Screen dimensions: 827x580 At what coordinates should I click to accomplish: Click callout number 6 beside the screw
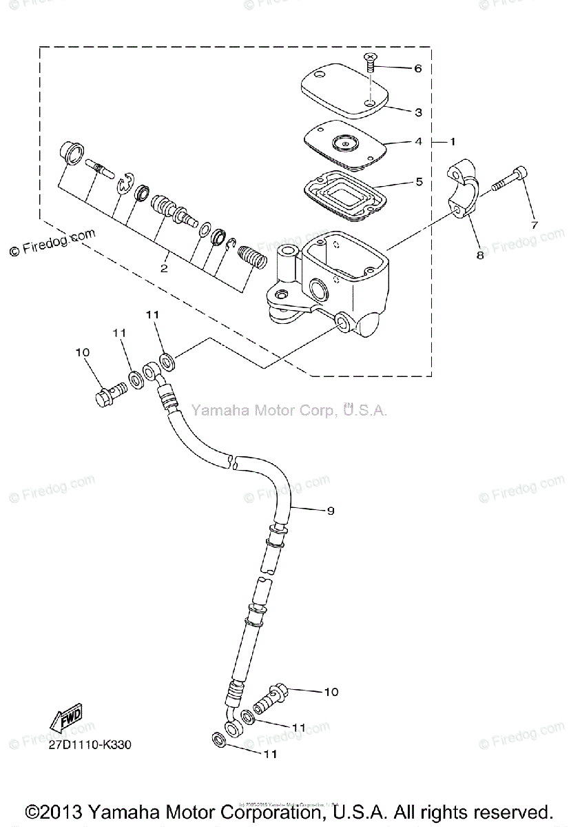point(417,68)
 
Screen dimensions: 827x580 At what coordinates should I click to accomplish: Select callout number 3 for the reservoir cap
point(417,112)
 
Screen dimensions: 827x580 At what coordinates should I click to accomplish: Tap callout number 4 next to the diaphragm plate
point(417,141)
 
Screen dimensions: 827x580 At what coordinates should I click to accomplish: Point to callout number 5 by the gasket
point(417,183)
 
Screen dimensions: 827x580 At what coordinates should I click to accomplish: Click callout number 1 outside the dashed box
point(453,141)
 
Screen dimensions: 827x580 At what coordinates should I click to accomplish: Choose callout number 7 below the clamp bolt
point(532,225)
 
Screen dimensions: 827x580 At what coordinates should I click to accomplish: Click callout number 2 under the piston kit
point(164,268)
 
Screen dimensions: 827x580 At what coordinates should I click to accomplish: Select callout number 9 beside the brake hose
point(330,511)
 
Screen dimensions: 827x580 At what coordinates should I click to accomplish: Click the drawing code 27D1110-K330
point(90,745)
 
